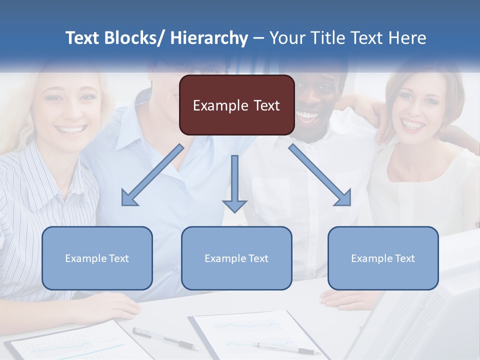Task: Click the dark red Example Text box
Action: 236,105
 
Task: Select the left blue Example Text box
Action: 97,258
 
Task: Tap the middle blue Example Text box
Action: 236,258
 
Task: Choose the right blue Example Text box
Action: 383,258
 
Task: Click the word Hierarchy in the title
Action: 209,38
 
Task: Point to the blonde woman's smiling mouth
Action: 71,130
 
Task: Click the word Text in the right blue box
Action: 405,258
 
